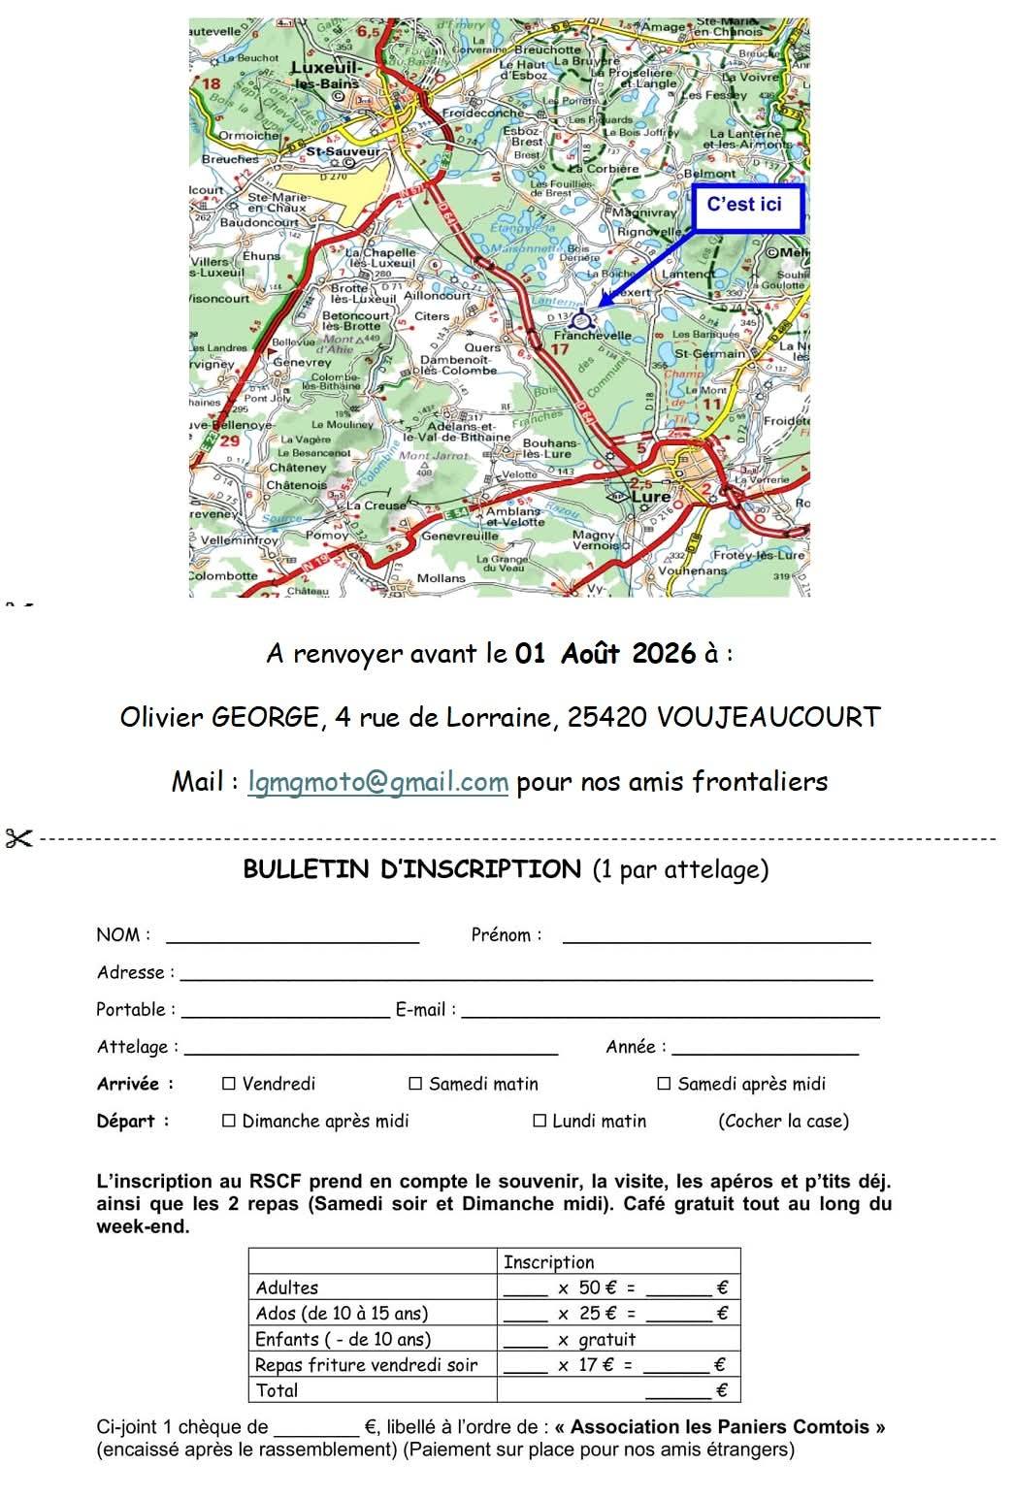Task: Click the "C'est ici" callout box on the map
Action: (x=746, y=206)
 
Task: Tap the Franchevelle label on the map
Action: (x=592, y=336)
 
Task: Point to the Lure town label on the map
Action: (x=651, y=496)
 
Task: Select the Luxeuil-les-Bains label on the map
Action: (x=327, y=75)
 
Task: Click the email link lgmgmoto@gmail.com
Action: (x=377, y=782)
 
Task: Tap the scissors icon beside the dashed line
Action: (x=18, y=838)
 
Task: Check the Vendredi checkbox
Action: (x=229, y=1084)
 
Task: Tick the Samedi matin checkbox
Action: (x=415, y=1084)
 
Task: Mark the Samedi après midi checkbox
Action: (x=664, y=1084)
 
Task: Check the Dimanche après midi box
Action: (x=229, y=1121)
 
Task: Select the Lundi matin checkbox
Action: (x=540, y=1121)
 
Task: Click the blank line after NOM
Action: (x=292, y=937)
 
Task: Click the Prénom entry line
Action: (x=716, y=937)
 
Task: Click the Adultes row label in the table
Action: (x=287, y=1288)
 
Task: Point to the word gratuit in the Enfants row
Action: (x=606, y=1340)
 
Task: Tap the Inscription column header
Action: (x=548, y=1262)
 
